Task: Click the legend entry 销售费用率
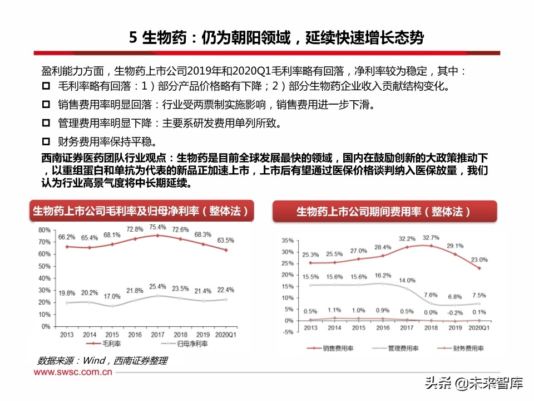pos(332,348)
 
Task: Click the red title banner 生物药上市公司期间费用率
pos(383,212)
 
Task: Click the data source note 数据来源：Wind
pos(102,360)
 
